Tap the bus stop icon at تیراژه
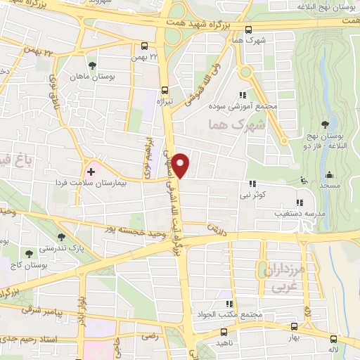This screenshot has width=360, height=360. point(165,90)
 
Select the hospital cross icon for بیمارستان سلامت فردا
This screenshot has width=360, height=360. point(91,170)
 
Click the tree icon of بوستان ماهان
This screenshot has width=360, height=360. point(92,65)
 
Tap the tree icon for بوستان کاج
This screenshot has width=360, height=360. point(28,253)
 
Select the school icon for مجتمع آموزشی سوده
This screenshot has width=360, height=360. point(243,96)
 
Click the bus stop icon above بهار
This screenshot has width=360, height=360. point(293,326)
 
